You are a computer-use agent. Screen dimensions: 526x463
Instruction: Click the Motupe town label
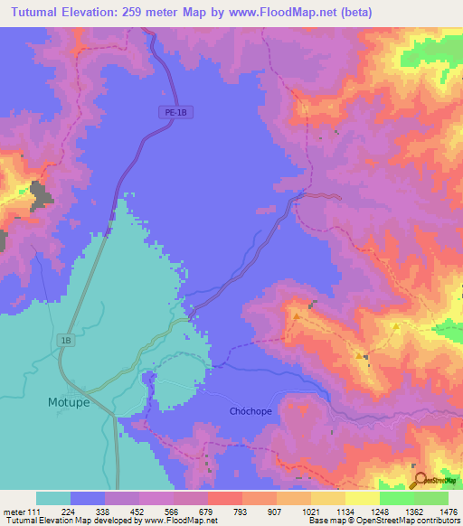tap(68, 402)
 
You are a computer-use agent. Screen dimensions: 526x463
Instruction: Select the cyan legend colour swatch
tap(53, 498)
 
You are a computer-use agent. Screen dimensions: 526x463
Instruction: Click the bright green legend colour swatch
tap(397, 498)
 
